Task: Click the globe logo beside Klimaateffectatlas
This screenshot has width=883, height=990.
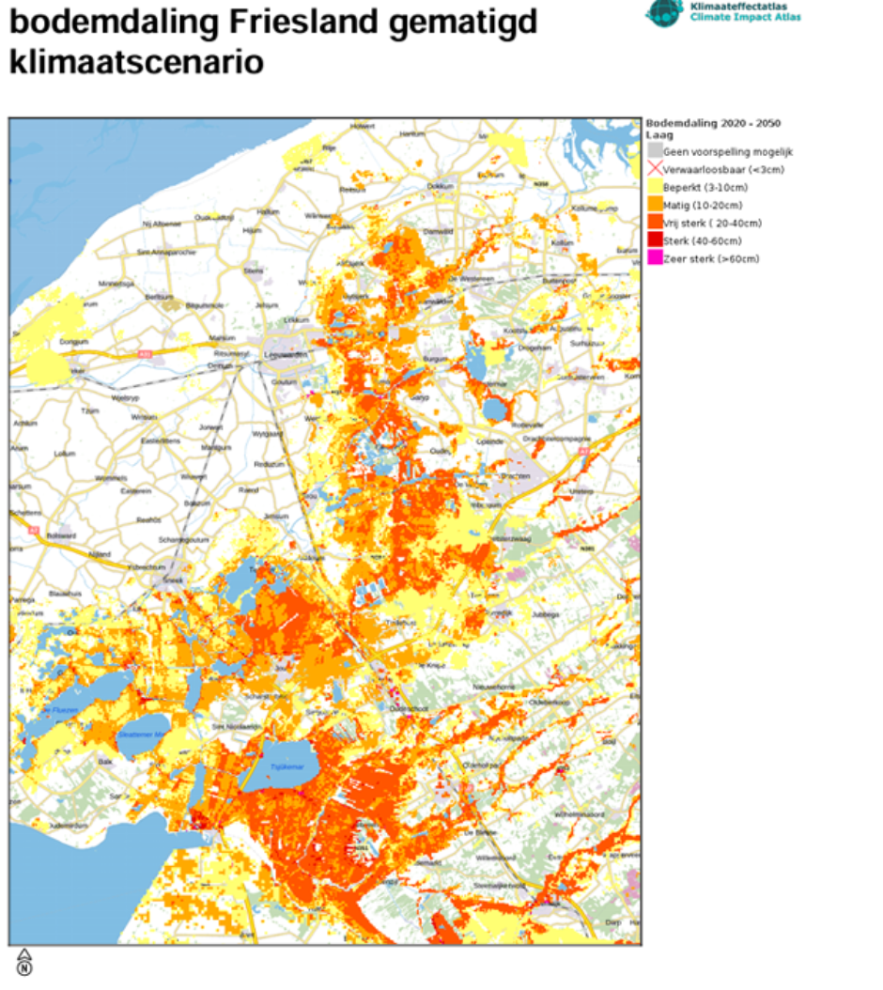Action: pyautogui.click(x=663, y=11)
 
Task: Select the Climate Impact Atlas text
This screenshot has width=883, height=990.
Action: pyautogui.click(x=745, y=17)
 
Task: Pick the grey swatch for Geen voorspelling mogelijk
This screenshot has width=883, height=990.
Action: pyautogui.click(x=655, y=151)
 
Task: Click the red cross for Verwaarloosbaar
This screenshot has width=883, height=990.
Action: pyautogui.click(x=655, y=169)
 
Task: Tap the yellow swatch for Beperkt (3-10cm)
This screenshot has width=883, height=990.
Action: pyautogui.click(x=655, y=187)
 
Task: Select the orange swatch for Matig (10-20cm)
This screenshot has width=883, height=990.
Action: pyautogui.click(x=655, y=205)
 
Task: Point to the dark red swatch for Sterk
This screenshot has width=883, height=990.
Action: pyautogui.click(x=655, y=240)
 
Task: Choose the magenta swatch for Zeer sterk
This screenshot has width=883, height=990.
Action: pyautogui.click(x=655, y=258)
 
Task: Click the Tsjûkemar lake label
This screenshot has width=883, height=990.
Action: pyautogui.click(x=287, y=766)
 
